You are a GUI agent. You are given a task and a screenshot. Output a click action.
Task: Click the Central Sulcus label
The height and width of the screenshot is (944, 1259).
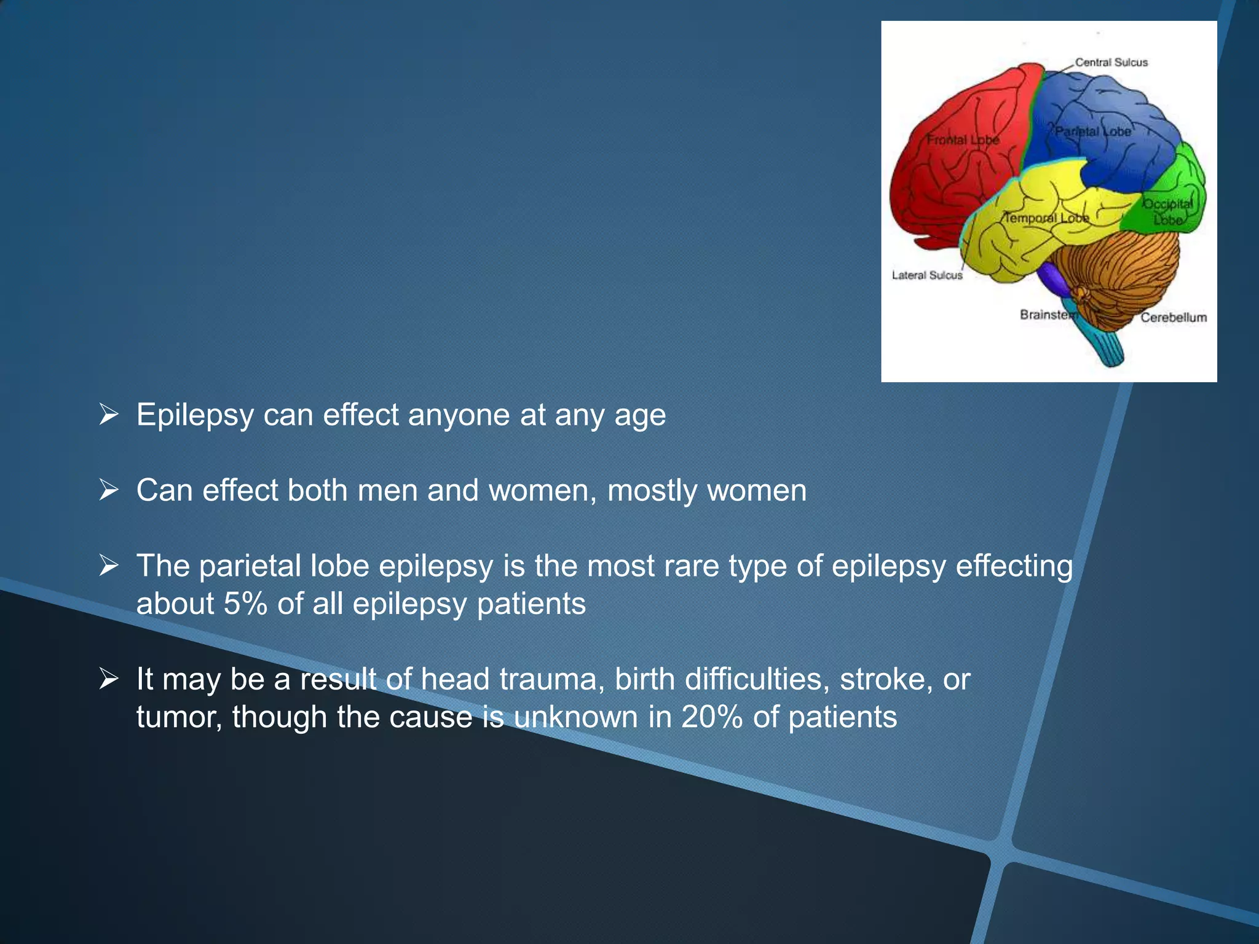coord(1111,62)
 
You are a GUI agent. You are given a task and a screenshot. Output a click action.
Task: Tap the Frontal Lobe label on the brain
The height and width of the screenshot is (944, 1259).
coord(963,140)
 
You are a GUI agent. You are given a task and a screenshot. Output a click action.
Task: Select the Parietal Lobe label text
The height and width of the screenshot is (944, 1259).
coord(1092,132)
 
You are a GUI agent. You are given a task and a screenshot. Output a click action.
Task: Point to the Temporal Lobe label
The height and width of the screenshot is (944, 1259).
coord(1046,218)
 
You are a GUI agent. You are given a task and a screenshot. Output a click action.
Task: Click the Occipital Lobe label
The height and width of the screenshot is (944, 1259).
coord(1167,211)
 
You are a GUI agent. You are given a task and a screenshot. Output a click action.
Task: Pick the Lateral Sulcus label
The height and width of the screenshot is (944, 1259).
coord(927,275)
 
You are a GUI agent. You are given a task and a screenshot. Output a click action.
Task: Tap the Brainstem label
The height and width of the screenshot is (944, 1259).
coord(1048,315)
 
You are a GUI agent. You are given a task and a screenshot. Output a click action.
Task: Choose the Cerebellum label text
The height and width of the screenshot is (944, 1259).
coord(1174,317)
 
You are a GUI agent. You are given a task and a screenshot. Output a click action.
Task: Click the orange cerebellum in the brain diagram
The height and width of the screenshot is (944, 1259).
coord(1125,270)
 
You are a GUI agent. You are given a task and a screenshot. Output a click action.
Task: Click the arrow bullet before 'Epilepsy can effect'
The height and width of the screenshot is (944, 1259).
coord(109,415)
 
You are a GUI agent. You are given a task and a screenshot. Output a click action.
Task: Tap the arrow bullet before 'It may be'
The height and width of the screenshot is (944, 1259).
coord(109,679)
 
